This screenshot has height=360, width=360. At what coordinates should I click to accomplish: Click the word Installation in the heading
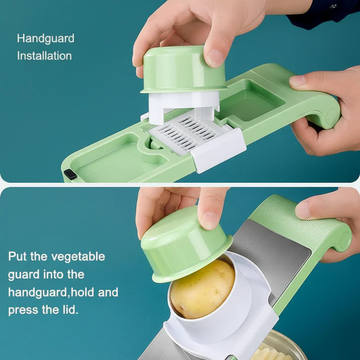[x=44, y=56]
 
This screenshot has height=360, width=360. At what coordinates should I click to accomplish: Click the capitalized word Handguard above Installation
[x=45, y=38]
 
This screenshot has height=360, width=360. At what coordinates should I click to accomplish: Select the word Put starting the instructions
[x=19, y=256]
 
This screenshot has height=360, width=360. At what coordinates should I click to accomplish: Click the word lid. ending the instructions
[x=68, y=309]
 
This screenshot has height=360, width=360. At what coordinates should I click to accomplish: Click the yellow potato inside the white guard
[x=202, y=288]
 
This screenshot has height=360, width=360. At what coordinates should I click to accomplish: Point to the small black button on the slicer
[x=70, y=174]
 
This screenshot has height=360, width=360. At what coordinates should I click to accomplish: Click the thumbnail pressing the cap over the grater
[x=216, y=57]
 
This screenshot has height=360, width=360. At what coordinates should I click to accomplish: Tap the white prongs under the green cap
[x=183, y=106]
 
